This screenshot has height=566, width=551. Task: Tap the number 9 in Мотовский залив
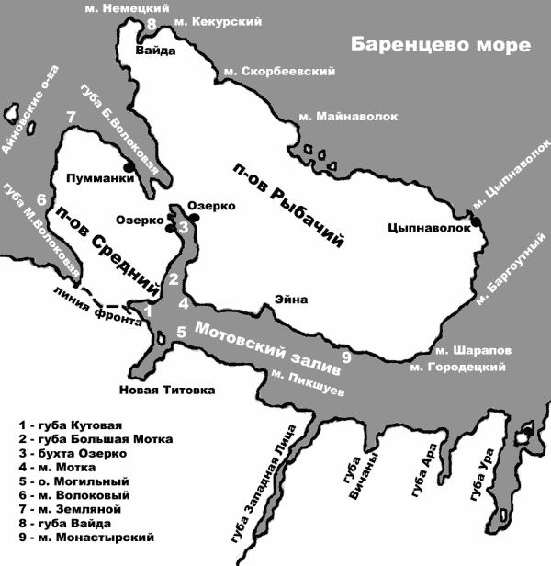(345, 357)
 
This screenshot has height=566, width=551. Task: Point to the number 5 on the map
(181, 332)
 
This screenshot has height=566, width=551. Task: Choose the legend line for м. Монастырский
(86, 537)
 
